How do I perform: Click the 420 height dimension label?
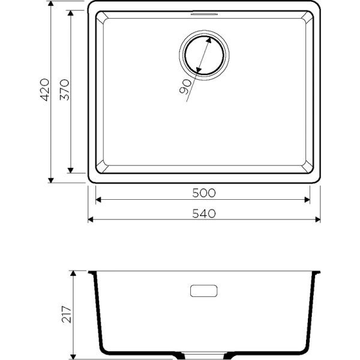point(43,91)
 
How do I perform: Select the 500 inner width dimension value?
point(204,193)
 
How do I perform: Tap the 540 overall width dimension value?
point(204,213)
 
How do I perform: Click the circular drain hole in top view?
point(203,58)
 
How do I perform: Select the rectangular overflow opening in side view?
point(204,291)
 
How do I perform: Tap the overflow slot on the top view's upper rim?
point(203,13)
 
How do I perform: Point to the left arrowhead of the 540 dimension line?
point(92,220)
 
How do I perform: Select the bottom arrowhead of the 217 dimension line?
point(73,355)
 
